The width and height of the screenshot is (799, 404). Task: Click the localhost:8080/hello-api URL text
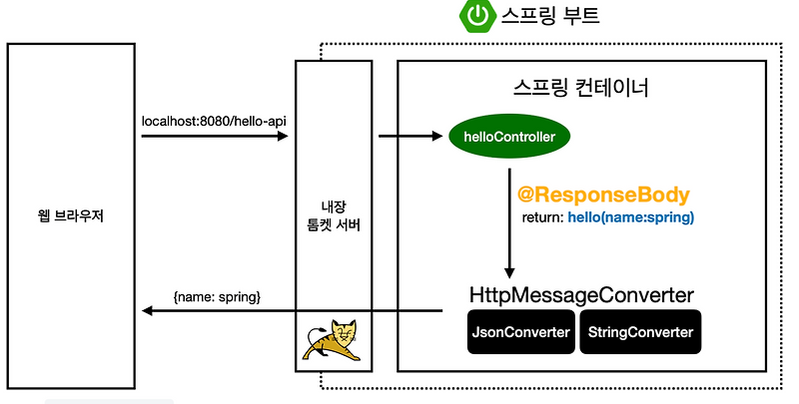click(x=214, y=121)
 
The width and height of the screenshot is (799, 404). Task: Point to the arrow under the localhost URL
click(x=214, y=137)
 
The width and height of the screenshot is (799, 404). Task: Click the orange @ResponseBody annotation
click(x=603, y=194)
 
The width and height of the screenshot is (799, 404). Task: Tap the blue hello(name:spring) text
click(x=630, y=216)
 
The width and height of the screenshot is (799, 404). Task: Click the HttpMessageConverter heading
click(x=581, y=295)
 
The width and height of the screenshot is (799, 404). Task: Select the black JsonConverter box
click(x=521, y=332)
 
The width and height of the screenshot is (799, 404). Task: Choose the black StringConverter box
click(x=640, y=332)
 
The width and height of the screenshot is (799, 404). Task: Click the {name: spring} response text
click(x=217, y=296)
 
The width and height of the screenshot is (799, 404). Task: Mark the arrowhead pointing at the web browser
click(x=149, y=311)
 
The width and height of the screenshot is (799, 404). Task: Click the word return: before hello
click(x=543, y=216)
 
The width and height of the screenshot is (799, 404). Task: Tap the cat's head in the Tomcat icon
click(x=341, y=330)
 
